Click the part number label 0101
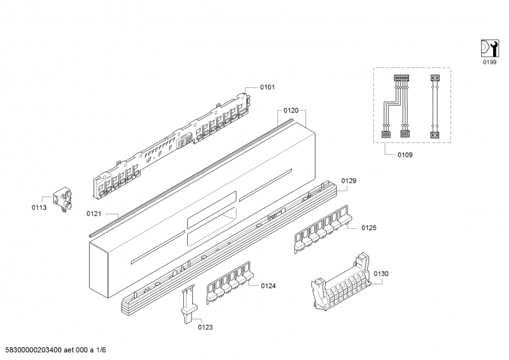[268, 87]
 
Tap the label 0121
[94, 214]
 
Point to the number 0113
[40, 207]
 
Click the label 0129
[348, 181]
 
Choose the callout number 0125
[370, 227]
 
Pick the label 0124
[268, 286]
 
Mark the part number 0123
[205, 327]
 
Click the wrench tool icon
[487, 48]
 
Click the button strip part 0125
[323, 228]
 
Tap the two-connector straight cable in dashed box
[435, 106]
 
